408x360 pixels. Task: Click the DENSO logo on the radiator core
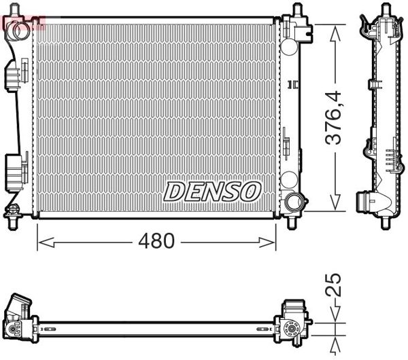point(211,190)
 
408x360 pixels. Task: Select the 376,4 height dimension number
point(333,118)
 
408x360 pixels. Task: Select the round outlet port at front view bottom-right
point(295,201)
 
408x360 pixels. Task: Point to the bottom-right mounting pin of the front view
point(292,222)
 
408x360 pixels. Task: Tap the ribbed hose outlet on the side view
point(367,202)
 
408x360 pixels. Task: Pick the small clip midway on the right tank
point(292,84)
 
